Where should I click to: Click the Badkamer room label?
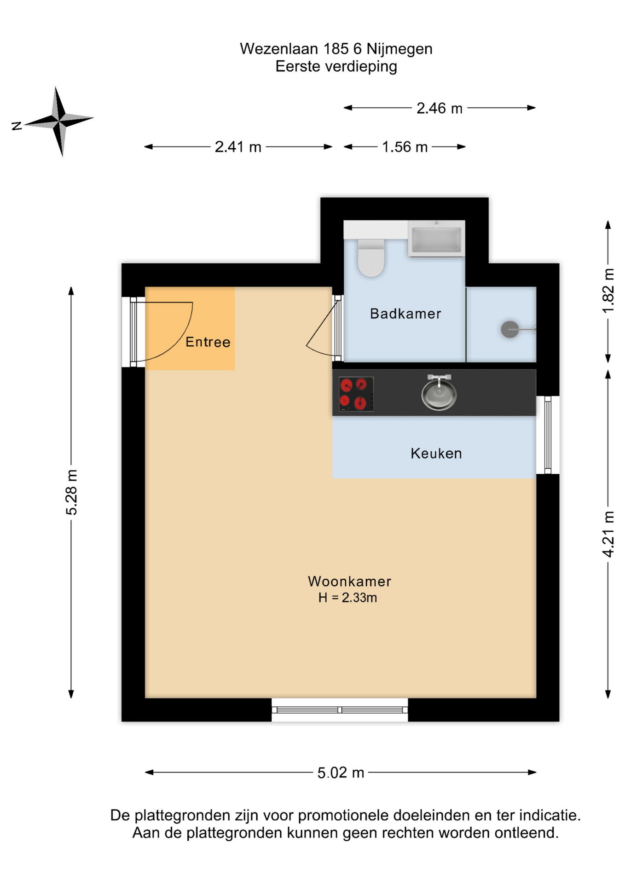click(405, 314)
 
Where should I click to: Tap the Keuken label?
click(436, 454)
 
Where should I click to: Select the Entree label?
click(208, 342)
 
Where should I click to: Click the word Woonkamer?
click(349, 582)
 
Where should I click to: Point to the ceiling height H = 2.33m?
click(348, 598)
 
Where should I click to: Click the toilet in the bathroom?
click(371, 257)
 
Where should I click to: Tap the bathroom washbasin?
click(436, 238)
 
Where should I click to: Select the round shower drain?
click(509, 330)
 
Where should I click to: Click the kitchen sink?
click(439, 392)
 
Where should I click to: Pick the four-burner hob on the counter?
click(356, 394)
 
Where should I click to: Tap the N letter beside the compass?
click(17, 126)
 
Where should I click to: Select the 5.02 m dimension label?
click(341, 773)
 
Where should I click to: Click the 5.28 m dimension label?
click(72, 492)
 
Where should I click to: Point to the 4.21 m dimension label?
click(608, 534)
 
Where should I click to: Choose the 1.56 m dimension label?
click(405, 147)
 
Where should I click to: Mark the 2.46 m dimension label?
click(440, 108)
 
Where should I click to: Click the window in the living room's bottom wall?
click(340, 710)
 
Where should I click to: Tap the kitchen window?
click(548, 435)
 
